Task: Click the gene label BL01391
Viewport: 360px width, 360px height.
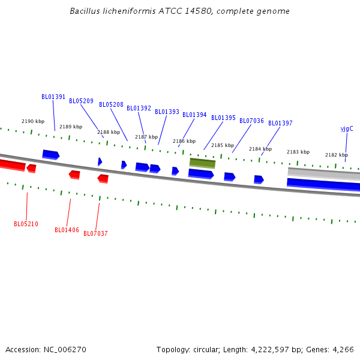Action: [53, 97]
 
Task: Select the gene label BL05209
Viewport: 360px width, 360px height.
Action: [81, 101]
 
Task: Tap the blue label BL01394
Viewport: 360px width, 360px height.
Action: [194, 115]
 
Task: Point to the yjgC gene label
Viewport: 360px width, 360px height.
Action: [347, 129]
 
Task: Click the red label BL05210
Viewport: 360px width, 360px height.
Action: [26, 224]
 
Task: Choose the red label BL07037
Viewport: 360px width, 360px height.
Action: [95, 233]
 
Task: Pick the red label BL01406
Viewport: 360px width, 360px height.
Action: [67, 230]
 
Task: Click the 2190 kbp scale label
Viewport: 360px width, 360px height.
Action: [33, 121]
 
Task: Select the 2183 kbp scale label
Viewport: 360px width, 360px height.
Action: [298, 152]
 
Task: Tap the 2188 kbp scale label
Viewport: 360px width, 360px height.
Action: [109, 132]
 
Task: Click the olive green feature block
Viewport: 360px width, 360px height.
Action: [202, 163]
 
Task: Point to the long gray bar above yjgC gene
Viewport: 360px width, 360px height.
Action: [324, 174]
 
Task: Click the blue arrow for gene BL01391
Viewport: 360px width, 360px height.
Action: [51, 155]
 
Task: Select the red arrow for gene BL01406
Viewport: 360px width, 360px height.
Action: [74, 175]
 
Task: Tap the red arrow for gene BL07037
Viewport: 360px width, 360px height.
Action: [103, 179]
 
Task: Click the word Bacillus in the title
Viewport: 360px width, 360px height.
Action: [85, 11]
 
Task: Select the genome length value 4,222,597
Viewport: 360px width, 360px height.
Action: [270, 350]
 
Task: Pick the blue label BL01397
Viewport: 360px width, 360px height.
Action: [280, 123]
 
